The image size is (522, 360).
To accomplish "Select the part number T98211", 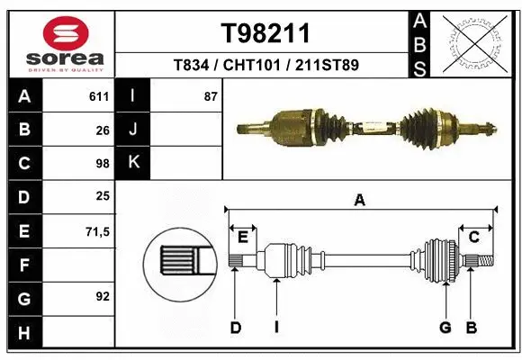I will (x=265, y=33).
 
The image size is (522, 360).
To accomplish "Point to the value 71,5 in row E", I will (x=97, y=231).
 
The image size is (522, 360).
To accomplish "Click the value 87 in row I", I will (x=211, y=95).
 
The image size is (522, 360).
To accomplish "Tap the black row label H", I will (x=24, y=334).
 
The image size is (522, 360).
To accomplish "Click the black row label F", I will (x=24, y=265).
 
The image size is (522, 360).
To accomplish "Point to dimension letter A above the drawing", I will (x=360, y=201).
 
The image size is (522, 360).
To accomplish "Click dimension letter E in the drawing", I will (x=243, y=237).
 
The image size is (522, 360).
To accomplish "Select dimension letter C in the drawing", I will (x=473, y=237).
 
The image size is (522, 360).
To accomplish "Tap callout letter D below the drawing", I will (x=235, y=328).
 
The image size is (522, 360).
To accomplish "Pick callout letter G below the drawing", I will (x=445, y=328).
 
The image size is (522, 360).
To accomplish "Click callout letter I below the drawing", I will (x=276, y=328).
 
